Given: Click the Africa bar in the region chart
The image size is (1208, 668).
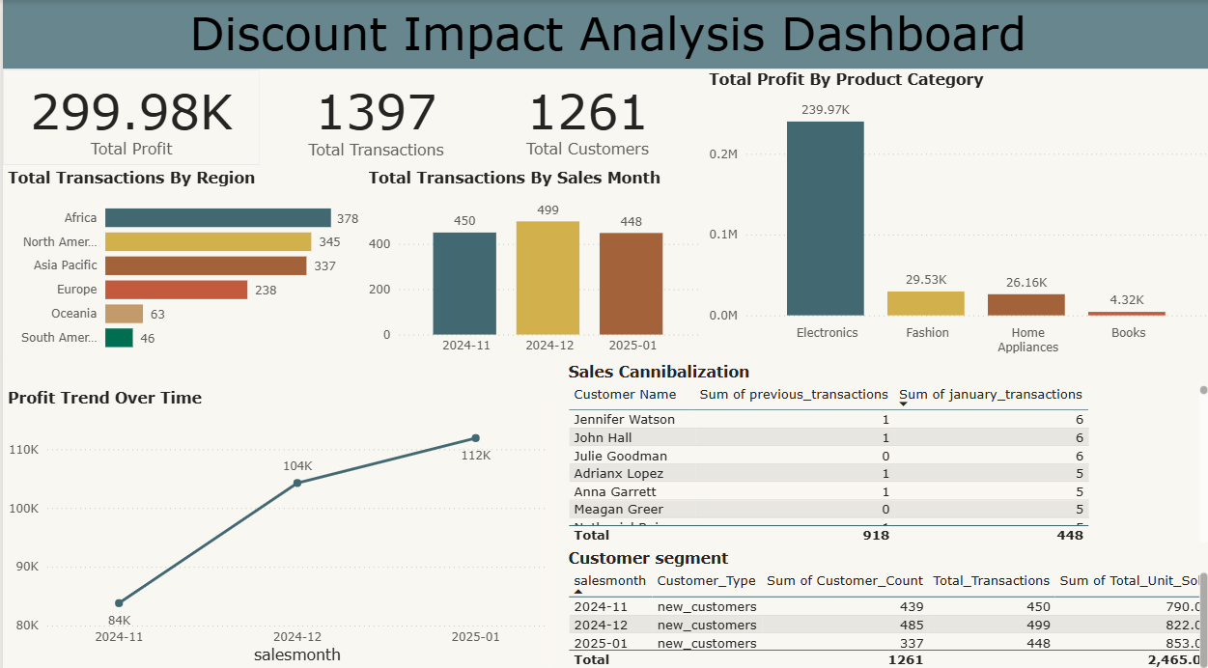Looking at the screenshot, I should (x=217, y=218).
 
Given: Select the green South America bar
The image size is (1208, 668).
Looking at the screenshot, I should (x=119, y=338).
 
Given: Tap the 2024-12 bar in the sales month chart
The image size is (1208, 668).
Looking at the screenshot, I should (x=548, y=278).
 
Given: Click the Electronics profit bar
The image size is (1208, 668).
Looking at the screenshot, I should (x=826, y=218).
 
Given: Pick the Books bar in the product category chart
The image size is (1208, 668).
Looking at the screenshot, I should (x=1127, y=314).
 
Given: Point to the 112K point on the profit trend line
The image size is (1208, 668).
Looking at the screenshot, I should (x=475, y=438).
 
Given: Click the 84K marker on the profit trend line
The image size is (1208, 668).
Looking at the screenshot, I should (x=119, y=603).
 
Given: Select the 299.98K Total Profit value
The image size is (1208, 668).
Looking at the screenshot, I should (x=132, y=113).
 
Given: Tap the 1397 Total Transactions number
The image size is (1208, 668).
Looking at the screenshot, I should (x=376, y=113).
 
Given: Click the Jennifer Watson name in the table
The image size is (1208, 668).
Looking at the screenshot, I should (x=624, y=420).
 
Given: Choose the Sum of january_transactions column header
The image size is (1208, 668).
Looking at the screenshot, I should (x=990, y=394).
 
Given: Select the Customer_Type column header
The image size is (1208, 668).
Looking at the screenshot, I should (x=705, y=580).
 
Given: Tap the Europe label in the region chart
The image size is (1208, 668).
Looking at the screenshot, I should (x=76, y=290).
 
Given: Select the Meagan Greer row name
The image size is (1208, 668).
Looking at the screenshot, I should (x=618, y=509).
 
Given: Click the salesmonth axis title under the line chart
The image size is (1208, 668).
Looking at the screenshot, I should (x=297, y=654).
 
